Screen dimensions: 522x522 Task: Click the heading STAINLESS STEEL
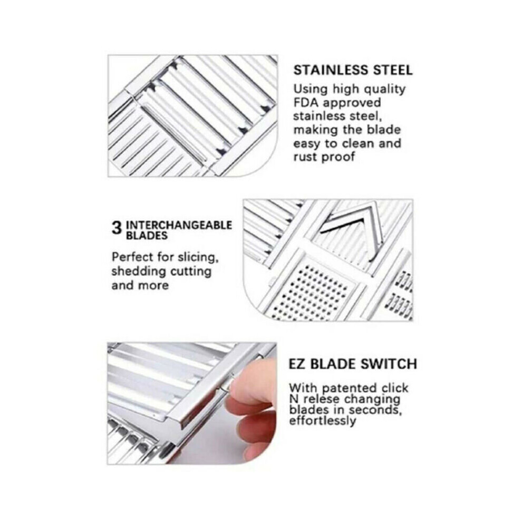tap(353, 70)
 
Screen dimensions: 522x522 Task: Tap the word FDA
tap(306, 102)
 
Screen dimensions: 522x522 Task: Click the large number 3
tap(117, 228)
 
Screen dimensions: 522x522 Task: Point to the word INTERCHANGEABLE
tap(179, 225)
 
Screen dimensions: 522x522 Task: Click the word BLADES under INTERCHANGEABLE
tap(147, 236)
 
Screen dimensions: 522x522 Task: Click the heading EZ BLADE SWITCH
tap(353, 364)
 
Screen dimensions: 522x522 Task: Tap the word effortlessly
tap(322, 420)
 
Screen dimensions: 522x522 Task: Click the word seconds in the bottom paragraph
tap(375, 410)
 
